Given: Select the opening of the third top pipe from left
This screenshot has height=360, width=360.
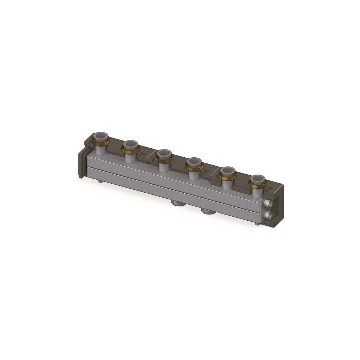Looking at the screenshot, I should (164, 153).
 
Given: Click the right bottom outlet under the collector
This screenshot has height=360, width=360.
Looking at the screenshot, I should (208, 210).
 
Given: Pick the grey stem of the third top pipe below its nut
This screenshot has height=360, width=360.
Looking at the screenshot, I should (164, 166).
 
